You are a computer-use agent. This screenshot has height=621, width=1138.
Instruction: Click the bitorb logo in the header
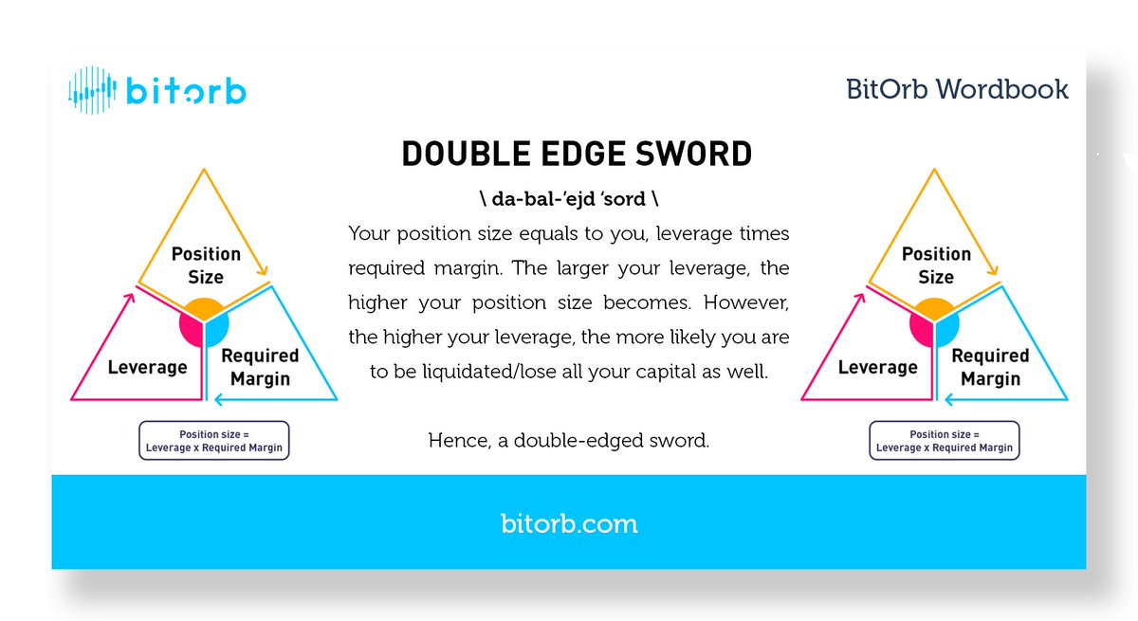(157, 91)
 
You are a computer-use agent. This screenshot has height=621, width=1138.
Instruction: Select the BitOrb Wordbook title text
(957, 90)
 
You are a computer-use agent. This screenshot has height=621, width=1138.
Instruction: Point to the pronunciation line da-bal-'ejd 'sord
(568, 200)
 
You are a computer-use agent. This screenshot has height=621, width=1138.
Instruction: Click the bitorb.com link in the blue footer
(568, 523)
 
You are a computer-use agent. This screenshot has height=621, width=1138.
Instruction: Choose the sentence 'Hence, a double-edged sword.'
(568, 441)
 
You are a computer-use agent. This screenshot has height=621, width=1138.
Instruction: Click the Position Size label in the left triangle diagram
(206, 265)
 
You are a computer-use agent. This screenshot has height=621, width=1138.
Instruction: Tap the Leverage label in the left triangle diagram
(147, 367)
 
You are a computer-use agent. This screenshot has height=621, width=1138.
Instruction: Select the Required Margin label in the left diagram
(259, 367)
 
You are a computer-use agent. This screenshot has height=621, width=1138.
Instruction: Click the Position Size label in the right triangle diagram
(936, 265)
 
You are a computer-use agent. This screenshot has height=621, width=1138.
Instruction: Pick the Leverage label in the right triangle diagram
(877, 367)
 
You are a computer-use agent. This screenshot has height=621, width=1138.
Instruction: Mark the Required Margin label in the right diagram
(989, 367)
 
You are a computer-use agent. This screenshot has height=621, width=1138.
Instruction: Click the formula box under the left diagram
(214, 441)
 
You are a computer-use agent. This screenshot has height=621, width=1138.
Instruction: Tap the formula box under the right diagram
(945, 441)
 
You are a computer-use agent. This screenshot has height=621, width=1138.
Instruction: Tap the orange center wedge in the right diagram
(934, 308)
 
